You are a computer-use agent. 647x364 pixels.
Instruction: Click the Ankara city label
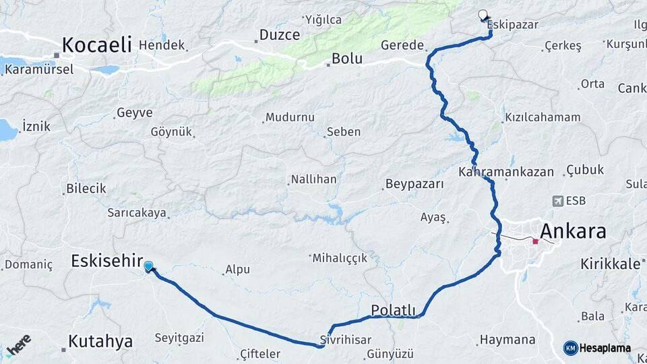(x=573, y=231)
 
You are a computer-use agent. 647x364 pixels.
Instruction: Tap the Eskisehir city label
(x=107, y=260)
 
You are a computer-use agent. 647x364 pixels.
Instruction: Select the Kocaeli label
(x=96, y=44)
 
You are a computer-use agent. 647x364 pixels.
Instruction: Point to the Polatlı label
(x=394, y=310)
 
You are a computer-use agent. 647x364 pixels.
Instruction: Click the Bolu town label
(x=346, y=59)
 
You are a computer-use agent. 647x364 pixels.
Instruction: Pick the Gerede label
(x=402, y=45)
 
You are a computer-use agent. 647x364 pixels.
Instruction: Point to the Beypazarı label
(x=414, y=184)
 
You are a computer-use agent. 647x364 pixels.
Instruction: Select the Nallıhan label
(x=313, y=179)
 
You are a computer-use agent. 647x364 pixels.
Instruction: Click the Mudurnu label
(x=290, y=117)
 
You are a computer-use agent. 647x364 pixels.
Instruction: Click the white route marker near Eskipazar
(x=483, y=14)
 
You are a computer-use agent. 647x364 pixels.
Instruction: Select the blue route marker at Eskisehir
(x=148, y=266)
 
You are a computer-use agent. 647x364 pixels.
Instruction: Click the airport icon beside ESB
(x=557, y=201)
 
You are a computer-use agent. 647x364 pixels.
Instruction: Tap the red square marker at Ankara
(x=535, y=241)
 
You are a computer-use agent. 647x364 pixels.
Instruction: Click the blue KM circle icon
(x=570, y=348)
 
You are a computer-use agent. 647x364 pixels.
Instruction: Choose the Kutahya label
(x=100, y=342)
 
